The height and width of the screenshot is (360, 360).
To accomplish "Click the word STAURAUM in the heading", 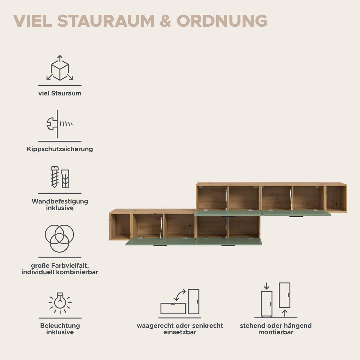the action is tap(106, 21).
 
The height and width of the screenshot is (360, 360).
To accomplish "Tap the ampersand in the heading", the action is tap(166, 21).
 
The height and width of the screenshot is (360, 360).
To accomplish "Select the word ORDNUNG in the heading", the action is tap(222, 21).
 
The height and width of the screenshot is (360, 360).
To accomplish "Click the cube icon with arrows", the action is tap(60, 68).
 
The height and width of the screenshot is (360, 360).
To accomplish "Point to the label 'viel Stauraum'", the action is tap(60, 93).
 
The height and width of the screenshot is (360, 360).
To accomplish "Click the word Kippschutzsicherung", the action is tap(60, 149).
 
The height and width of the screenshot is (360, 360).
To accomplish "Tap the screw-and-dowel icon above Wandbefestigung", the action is tap(60, 177).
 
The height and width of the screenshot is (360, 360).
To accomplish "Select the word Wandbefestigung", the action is tap(60, 201).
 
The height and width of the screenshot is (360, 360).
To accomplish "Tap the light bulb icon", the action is tap(60, 303).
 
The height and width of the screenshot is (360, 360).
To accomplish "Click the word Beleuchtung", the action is tap(60, 325).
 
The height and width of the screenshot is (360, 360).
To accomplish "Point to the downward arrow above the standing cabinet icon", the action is tap(267, 286).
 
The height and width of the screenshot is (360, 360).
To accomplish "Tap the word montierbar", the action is tap(276, 332).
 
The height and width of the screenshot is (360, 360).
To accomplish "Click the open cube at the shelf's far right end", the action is tap(336, 199).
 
